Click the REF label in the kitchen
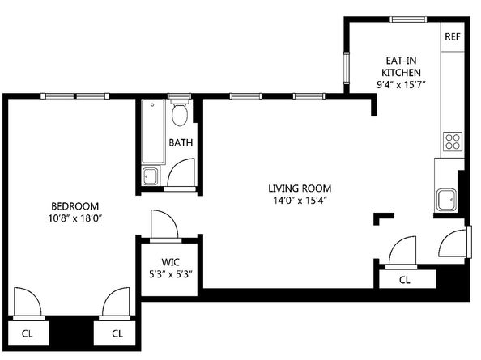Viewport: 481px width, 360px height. [453, 36]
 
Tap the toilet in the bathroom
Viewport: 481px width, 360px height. [180, 112]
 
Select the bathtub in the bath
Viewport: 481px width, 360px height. [153, 131]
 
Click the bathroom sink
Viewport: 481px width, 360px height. [151, 176]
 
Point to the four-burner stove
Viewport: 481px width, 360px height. [453, 142]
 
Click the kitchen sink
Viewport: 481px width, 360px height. [446, 200]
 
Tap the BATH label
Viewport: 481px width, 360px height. [181, 142]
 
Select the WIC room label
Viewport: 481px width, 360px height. [171, 262]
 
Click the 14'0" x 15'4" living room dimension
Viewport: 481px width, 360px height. [300, 201]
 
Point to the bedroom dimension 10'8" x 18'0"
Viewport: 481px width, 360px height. [74, 218]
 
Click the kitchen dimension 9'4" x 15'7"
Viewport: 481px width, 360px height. [401, 84]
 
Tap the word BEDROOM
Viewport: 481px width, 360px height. [74, 206]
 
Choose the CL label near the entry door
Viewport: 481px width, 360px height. [405, 280]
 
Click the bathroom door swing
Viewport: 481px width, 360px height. [181, 172]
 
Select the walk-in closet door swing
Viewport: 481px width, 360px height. [164, 224]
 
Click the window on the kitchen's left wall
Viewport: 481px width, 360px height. [347, 68]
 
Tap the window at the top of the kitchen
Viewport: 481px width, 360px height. [408, 19]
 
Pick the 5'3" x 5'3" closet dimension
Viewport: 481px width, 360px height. [171, 274]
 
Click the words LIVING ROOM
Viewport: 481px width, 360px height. [300, 188]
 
